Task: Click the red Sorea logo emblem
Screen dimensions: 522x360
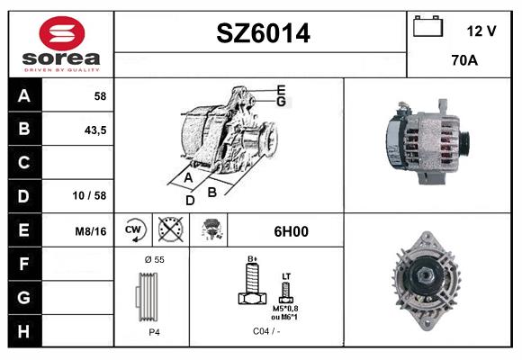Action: click(62, 33)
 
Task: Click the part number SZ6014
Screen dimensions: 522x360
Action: click(263, 33)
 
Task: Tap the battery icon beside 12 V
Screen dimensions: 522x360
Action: click(427, 26)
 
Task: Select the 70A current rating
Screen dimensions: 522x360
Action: click(464, 60)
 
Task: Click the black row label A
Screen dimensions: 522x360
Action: click(24, 96)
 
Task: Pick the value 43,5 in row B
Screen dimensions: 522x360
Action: click(95, 130)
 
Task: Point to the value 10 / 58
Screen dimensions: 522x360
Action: click(89, 195)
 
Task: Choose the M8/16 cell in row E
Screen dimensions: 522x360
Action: click(91, 231)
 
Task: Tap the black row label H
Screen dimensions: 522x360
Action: click(24, 331)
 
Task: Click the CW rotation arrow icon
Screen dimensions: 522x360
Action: click(133, 229)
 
